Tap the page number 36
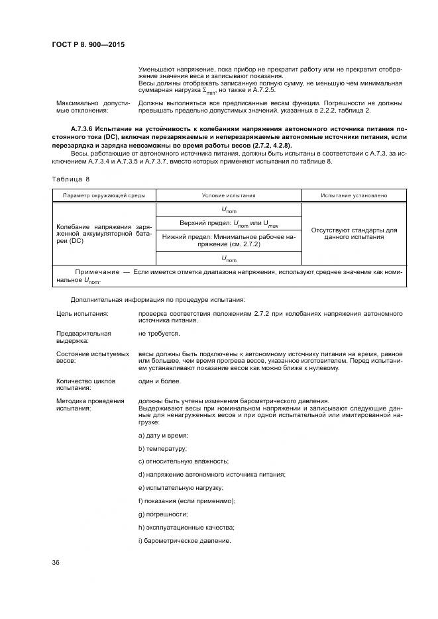(56, 563)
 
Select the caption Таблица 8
(70, 179)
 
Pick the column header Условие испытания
(228, 196)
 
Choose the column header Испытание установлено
(353, 196)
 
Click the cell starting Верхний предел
(228, 224)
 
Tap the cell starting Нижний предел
(228, 241)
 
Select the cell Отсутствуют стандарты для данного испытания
(353, 233)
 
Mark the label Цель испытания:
(83, 313)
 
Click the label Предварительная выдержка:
(83, 337)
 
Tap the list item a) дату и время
(164, 435)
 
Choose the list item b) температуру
(162, 448)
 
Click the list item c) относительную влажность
(183, 461)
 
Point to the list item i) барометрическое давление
(184, 540)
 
